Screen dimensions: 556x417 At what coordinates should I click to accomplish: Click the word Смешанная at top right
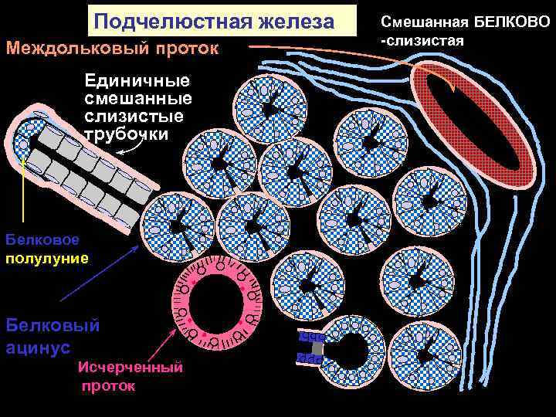tap(420, 21)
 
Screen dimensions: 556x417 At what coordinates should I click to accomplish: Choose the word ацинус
tap(39, 348)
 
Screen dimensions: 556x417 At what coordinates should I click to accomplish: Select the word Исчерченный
tap(131, 368)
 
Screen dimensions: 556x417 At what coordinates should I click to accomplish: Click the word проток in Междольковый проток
tap(190, 48)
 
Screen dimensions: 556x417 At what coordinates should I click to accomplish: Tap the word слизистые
tap(134, 117)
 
